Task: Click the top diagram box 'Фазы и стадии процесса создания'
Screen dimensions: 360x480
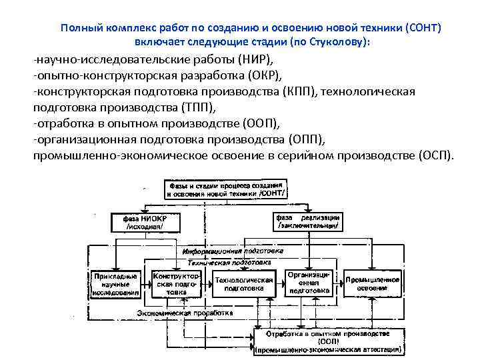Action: click(228, 188)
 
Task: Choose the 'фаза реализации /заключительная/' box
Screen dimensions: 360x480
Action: click(307, 221)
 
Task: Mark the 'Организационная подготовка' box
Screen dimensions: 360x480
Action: click(308, 283)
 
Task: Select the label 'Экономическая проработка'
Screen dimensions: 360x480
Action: click(173, 312)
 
